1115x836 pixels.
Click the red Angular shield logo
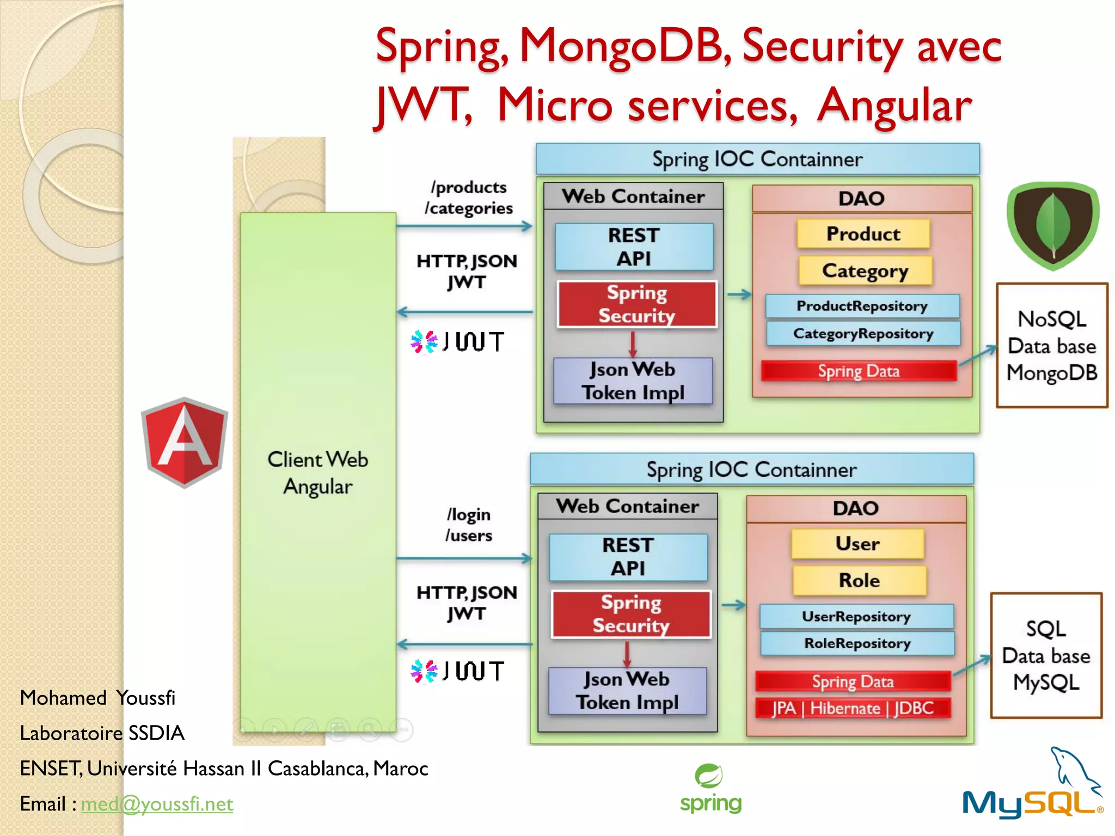click(184, 442)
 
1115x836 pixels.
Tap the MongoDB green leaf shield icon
click(1053, 225)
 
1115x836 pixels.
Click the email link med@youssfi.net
click(157, 804)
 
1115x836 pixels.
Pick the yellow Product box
click(863, 234)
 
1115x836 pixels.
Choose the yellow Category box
click(865, 271)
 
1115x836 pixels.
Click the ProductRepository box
click(862, 306)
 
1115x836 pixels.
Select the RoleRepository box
click(857, 643)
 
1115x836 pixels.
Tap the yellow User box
click(857, 544)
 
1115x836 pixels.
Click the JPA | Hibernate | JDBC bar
click(853, 708)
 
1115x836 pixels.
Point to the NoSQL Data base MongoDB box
click(1052, 345)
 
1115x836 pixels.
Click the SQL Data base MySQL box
click(1046, 655)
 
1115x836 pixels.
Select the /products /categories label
click(469, 198)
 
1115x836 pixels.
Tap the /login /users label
click(469, 525)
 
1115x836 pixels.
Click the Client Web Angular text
click(318, 472)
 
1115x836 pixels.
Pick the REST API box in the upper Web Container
click(634, 247)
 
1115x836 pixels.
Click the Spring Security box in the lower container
click(630, 614)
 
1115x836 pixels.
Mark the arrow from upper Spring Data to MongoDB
click(978, 355)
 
